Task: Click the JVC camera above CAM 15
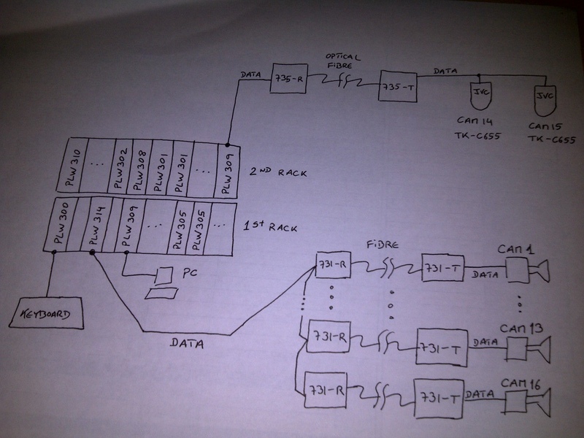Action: [543, 95]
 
